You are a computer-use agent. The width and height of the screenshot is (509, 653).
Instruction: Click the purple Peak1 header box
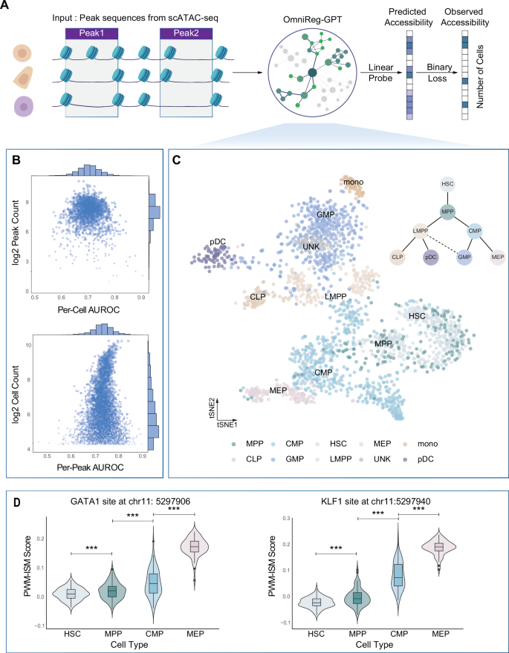[92, 34]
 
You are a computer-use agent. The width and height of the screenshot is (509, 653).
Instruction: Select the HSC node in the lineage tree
[447, 183]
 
